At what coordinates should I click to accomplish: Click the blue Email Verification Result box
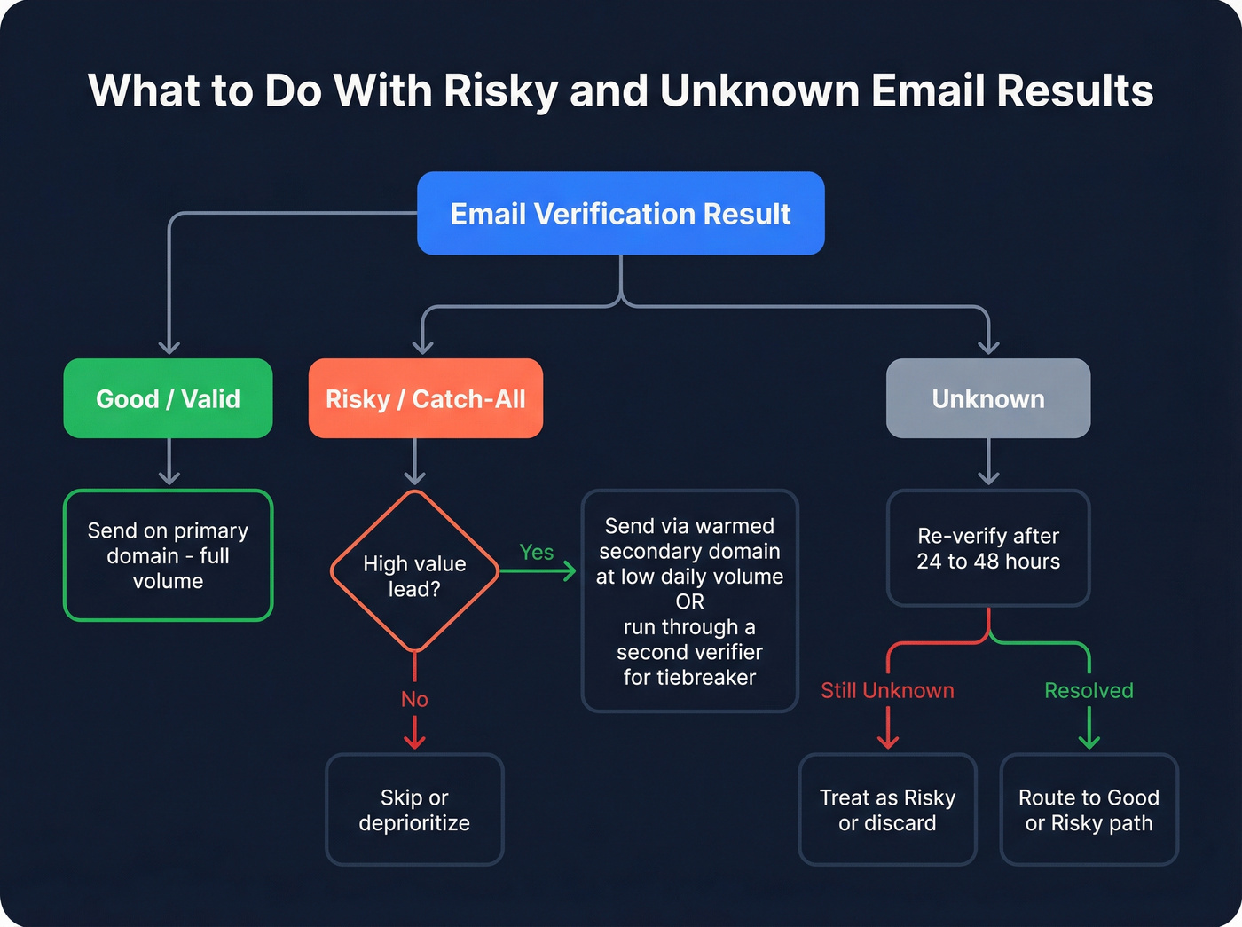[620, 214]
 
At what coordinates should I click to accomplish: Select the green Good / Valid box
[168, 398]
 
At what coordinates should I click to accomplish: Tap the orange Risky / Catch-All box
[425, 398]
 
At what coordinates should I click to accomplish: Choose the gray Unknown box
[988, 398]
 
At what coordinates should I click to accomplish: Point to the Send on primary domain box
[168, 555]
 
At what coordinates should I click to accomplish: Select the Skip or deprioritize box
[414, 809]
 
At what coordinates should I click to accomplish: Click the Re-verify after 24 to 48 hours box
[988, 548]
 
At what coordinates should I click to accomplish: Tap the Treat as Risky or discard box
[887, 809]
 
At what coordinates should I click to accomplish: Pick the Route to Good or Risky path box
[1089, 809]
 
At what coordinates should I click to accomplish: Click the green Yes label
[537, 552]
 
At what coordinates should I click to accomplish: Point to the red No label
[414, 699]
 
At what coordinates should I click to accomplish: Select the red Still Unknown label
[887, 690]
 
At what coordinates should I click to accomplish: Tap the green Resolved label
[1089, 690]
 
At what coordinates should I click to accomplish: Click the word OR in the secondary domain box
[689, 601]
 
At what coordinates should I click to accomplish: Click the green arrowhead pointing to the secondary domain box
[570, 571]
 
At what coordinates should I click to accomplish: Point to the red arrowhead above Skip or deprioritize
[414, 742]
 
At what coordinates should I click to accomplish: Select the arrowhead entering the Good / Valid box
[169, 348]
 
